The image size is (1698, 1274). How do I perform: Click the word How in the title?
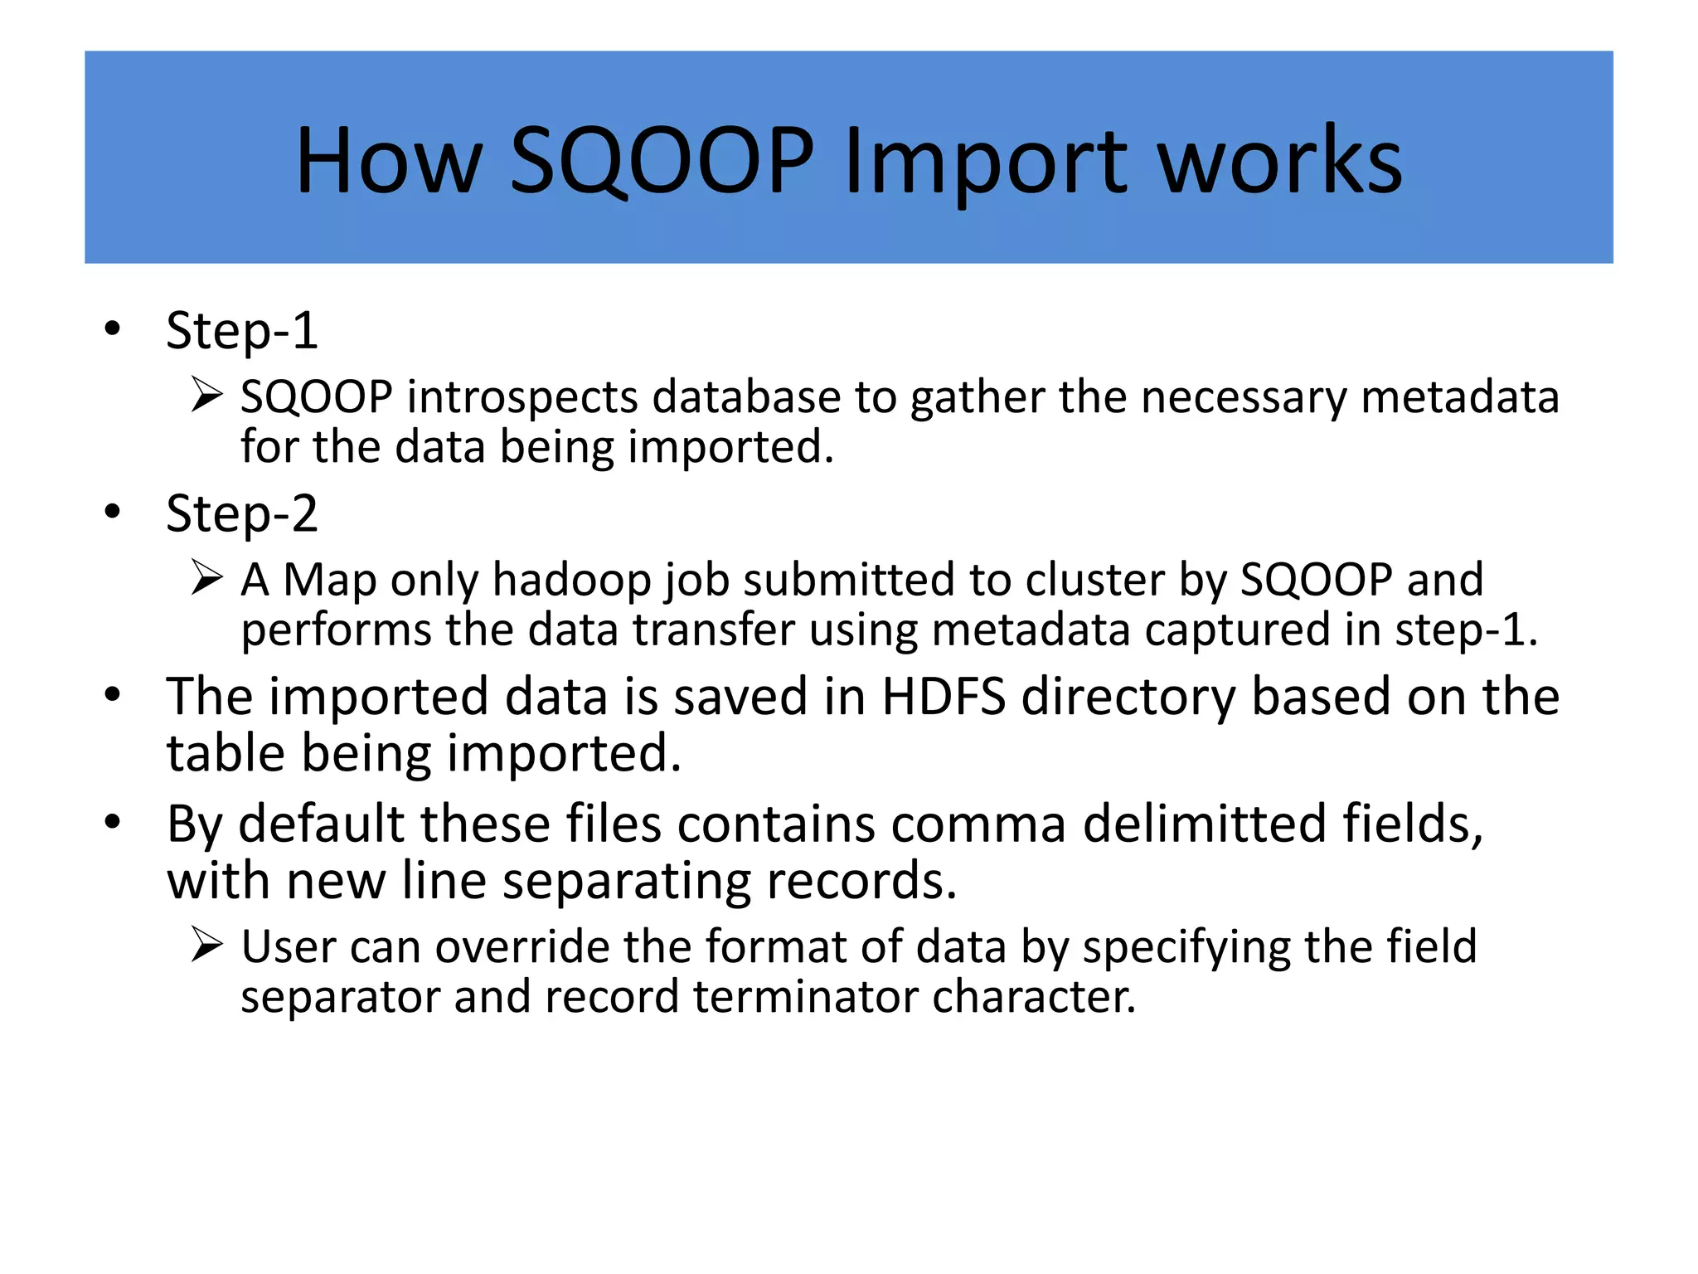(388, 161)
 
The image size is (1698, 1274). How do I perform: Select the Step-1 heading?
(241, 331)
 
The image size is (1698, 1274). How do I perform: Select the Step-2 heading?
(241, 513)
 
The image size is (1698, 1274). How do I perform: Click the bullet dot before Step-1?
(113, 329)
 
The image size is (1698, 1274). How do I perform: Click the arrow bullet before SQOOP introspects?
(206, 394)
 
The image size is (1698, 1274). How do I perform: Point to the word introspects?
(522, 397)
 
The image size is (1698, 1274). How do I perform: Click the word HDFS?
(943, 697)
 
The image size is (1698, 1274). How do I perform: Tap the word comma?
(978, 825)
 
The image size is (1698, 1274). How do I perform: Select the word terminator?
(805, 996)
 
